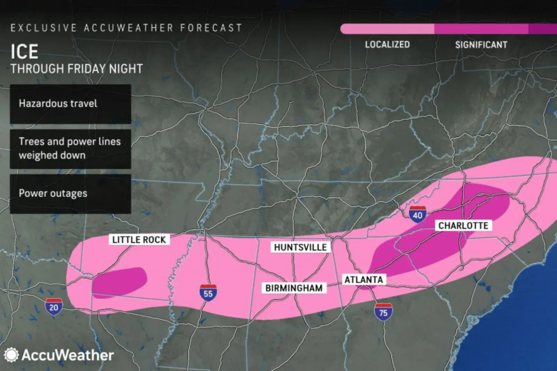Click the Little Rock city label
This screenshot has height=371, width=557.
coord(139,239)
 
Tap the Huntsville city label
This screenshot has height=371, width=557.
coord(300,247)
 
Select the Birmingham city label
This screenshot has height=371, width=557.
coord(294,288)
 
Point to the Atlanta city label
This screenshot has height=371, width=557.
coord(363,279)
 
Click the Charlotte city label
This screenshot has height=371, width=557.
coord(463,226)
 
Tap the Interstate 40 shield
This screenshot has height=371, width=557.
coord(417,214)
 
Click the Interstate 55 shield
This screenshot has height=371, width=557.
coord(208,292)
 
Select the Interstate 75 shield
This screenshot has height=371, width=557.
coord(383,312)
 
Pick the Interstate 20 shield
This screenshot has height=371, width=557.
coord(54,306)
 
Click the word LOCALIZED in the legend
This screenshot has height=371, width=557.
coord(387,45)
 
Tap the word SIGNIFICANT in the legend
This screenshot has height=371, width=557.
coord(481,45)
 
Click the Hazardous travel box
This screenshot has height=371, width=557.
coord(70,104)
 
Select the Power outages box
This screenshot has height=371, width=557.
coord(70,194)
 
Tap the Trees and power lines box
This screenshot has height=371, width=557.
coord(70,149)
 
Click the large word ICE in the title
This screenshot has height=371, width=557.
coord(24,52)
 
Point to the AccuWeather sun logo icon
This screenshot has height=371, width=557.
coord(11,355)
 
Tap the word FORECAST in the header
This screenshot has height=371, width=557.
coord(211,28)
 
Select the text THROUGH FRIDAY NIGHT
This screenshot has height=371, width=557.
coord(77,69)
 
